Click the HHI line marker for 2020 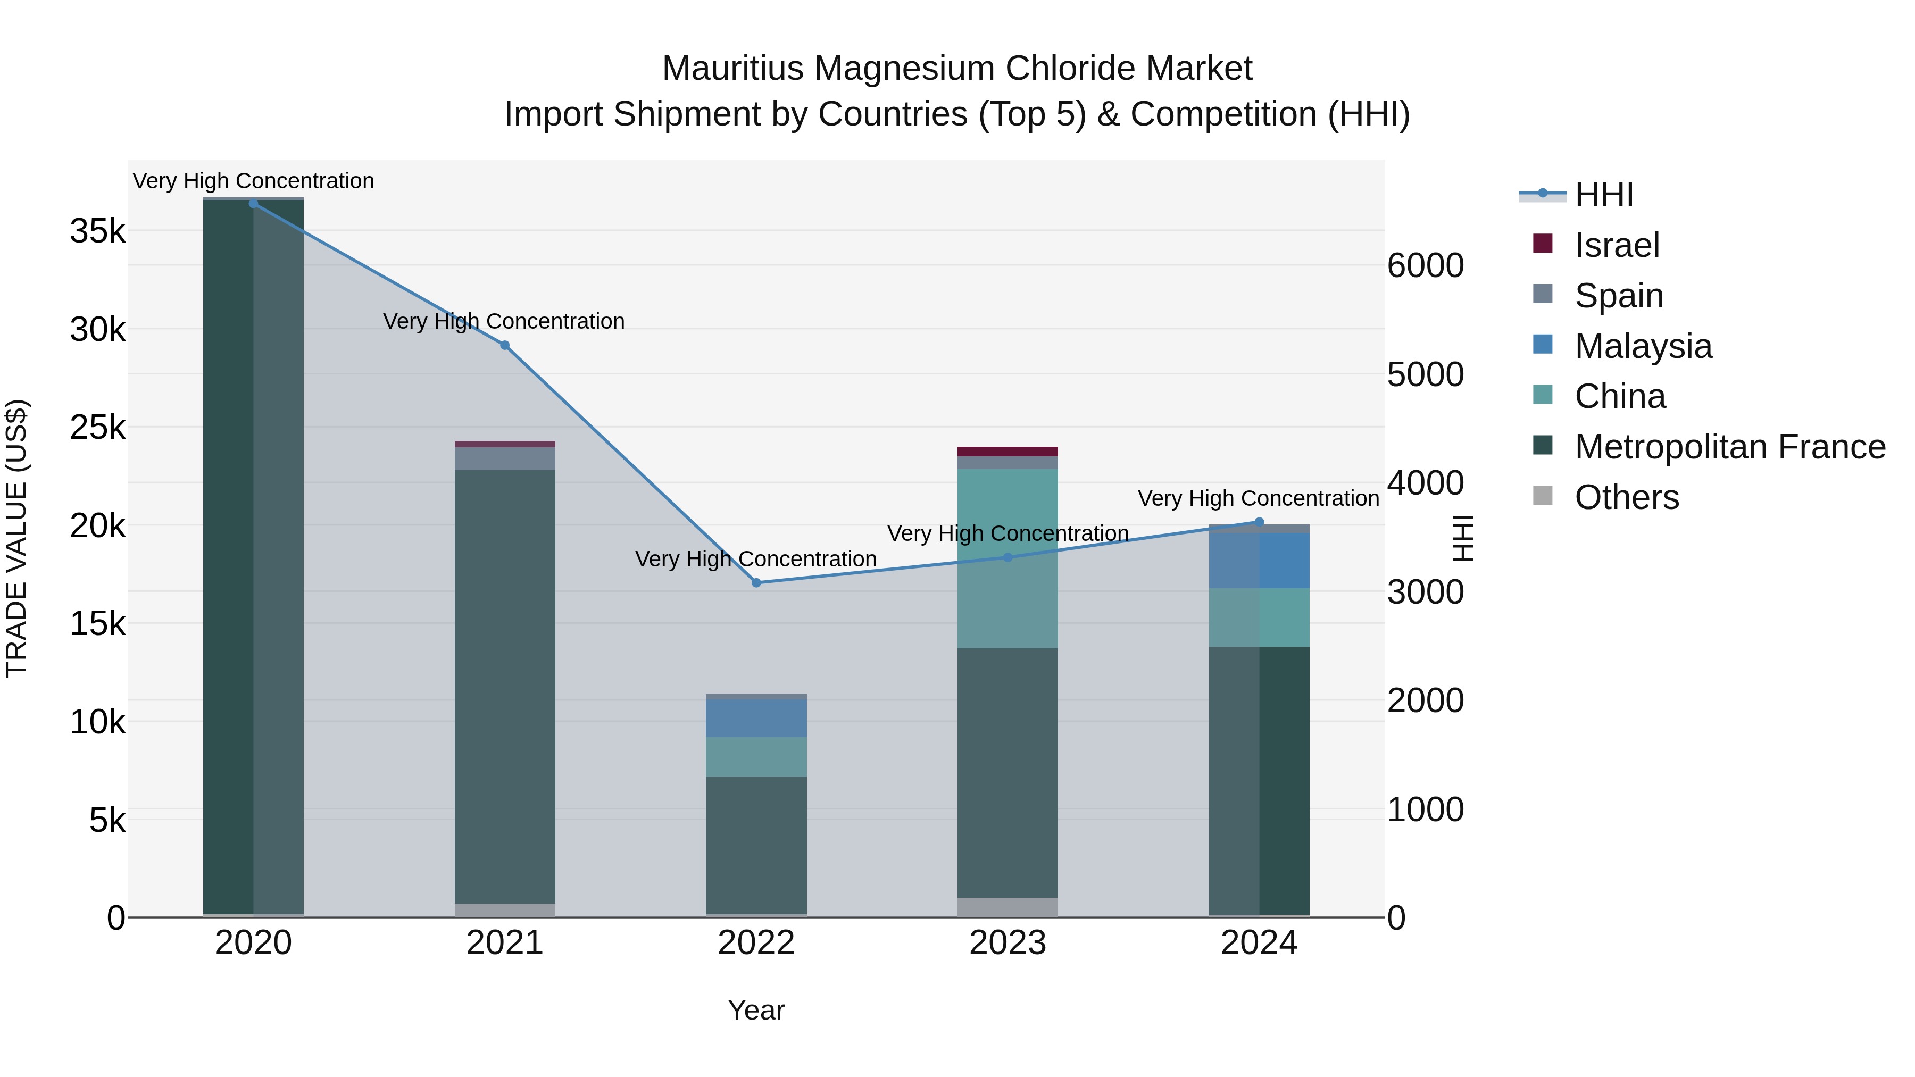pos(254,203)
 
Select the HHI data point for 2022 pos(756,583)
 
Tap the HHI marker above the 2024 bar pos(1259,522)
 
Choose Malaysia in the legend pos(1643,346)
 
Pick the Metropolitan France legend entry pos(1729,447)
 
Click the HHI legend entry pos(1603,195)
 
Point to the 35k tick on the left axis pos(97,231)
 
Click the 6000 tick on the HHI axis pos(1425,265)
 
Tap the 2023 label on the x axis pos(1008,943)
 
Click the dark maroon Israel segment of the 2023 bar pos(1008,451)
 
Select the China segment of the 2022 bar pos(756,757)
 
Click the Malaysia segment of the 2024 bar pos(1259,561)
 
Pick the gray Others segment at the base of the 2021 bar pos(505,910)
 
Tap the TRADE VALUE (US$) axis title pos(16,538)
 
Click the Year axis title pos(756,1010)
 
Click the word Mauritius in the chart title pos(732,69)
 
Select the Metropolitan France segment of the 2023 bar pos(1008,773)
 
